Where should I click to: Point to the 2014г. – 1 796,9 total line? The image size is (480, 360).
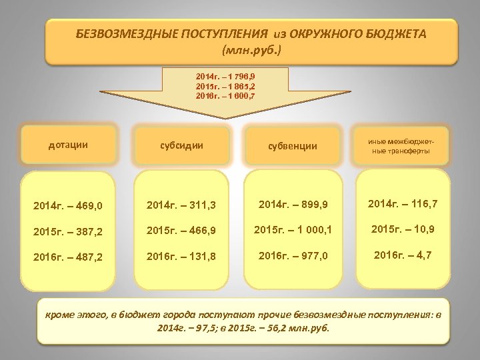225,79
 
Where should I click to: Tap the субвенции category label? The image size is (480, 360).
293,145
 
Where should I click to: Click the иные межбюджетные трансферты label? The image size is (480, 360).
401,145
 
